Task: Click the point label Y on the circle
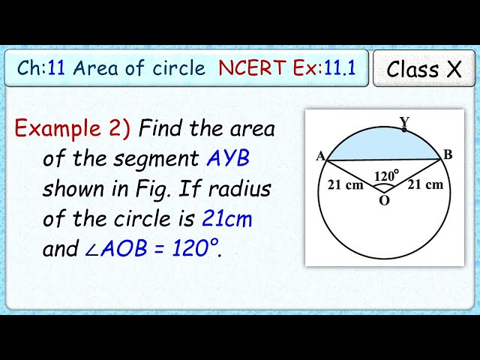coord(404,121)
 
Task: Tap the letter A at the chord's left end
coord(320,156)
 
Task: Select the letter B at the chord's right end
coord(448,155)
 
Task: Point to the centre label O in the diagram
coord(384,201)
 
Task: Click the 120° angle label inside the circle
coord(385,176)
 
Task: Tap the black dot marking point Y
coord(405,130)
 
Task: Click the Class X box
coord(424,69)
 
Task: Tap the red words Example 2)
coord(73,129)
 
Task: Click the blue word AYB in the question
coord(229,159)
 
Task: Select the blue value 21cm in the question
coord(227,219)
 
